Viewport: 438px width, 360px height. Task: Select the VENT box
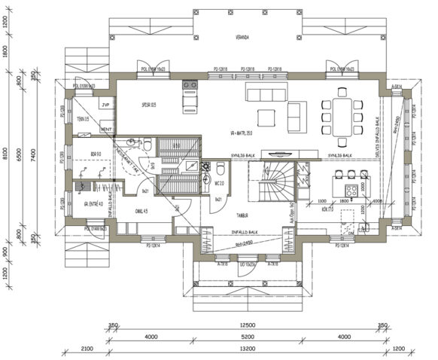106,130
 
